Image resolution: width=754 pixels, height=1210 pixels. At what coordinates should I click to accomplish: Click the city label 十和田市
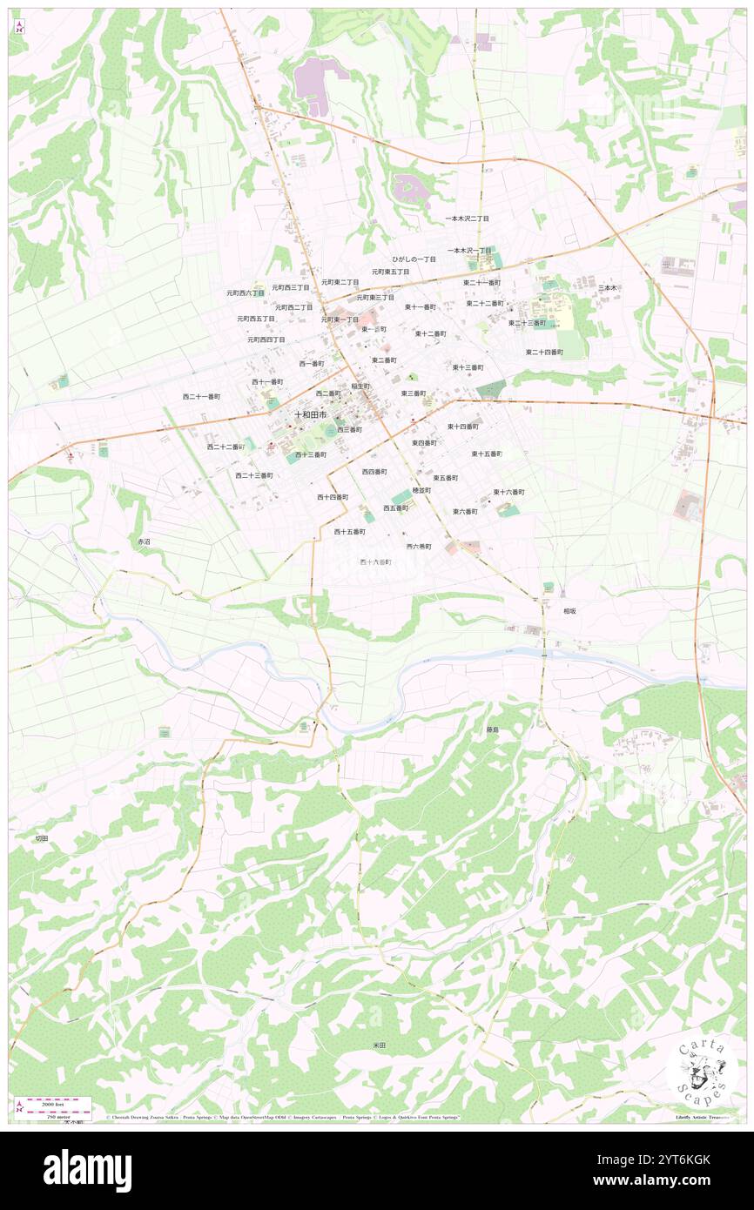310,414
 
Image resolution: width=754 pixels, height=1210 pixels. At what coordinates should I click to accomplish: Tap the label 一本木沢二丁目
468,218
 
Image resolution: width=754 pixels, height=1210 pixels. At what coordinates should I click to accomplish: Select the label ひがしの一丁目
414,259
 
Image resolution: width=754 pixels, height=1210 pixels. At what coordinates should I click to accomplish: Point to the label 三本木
607,287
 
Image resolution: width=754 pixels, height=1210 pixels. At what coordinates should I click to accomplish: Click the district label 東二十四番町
544,352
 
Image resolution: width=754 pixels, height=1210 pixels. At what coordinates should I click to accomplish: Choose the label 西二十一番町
201,396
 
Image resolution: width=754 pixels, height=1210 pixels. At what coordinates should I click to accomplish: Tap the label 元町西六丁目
245,293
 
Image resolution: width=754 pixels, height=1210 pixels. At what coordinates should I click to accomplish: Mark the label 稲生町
360,386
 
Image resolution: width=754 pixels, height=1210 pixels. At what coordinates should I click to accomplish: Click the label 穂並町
421,490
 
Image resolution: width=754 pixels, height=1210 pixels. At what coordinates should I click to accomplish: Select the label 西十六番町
376,562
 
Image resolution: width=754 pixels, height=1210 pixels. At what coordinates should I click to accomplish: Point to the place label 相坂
569,611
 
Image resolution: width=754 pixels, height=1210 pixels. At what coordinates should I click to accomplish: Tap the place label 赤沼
144,541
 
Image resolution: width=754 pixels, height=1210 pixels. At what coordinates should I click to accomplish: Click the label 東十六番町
508,492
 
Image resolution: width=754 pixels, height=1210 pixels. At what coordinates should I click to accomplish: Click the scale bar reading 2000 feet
57,1099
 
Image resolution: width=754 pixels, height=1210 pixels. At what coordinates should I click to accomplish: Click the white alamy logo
87,1171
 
